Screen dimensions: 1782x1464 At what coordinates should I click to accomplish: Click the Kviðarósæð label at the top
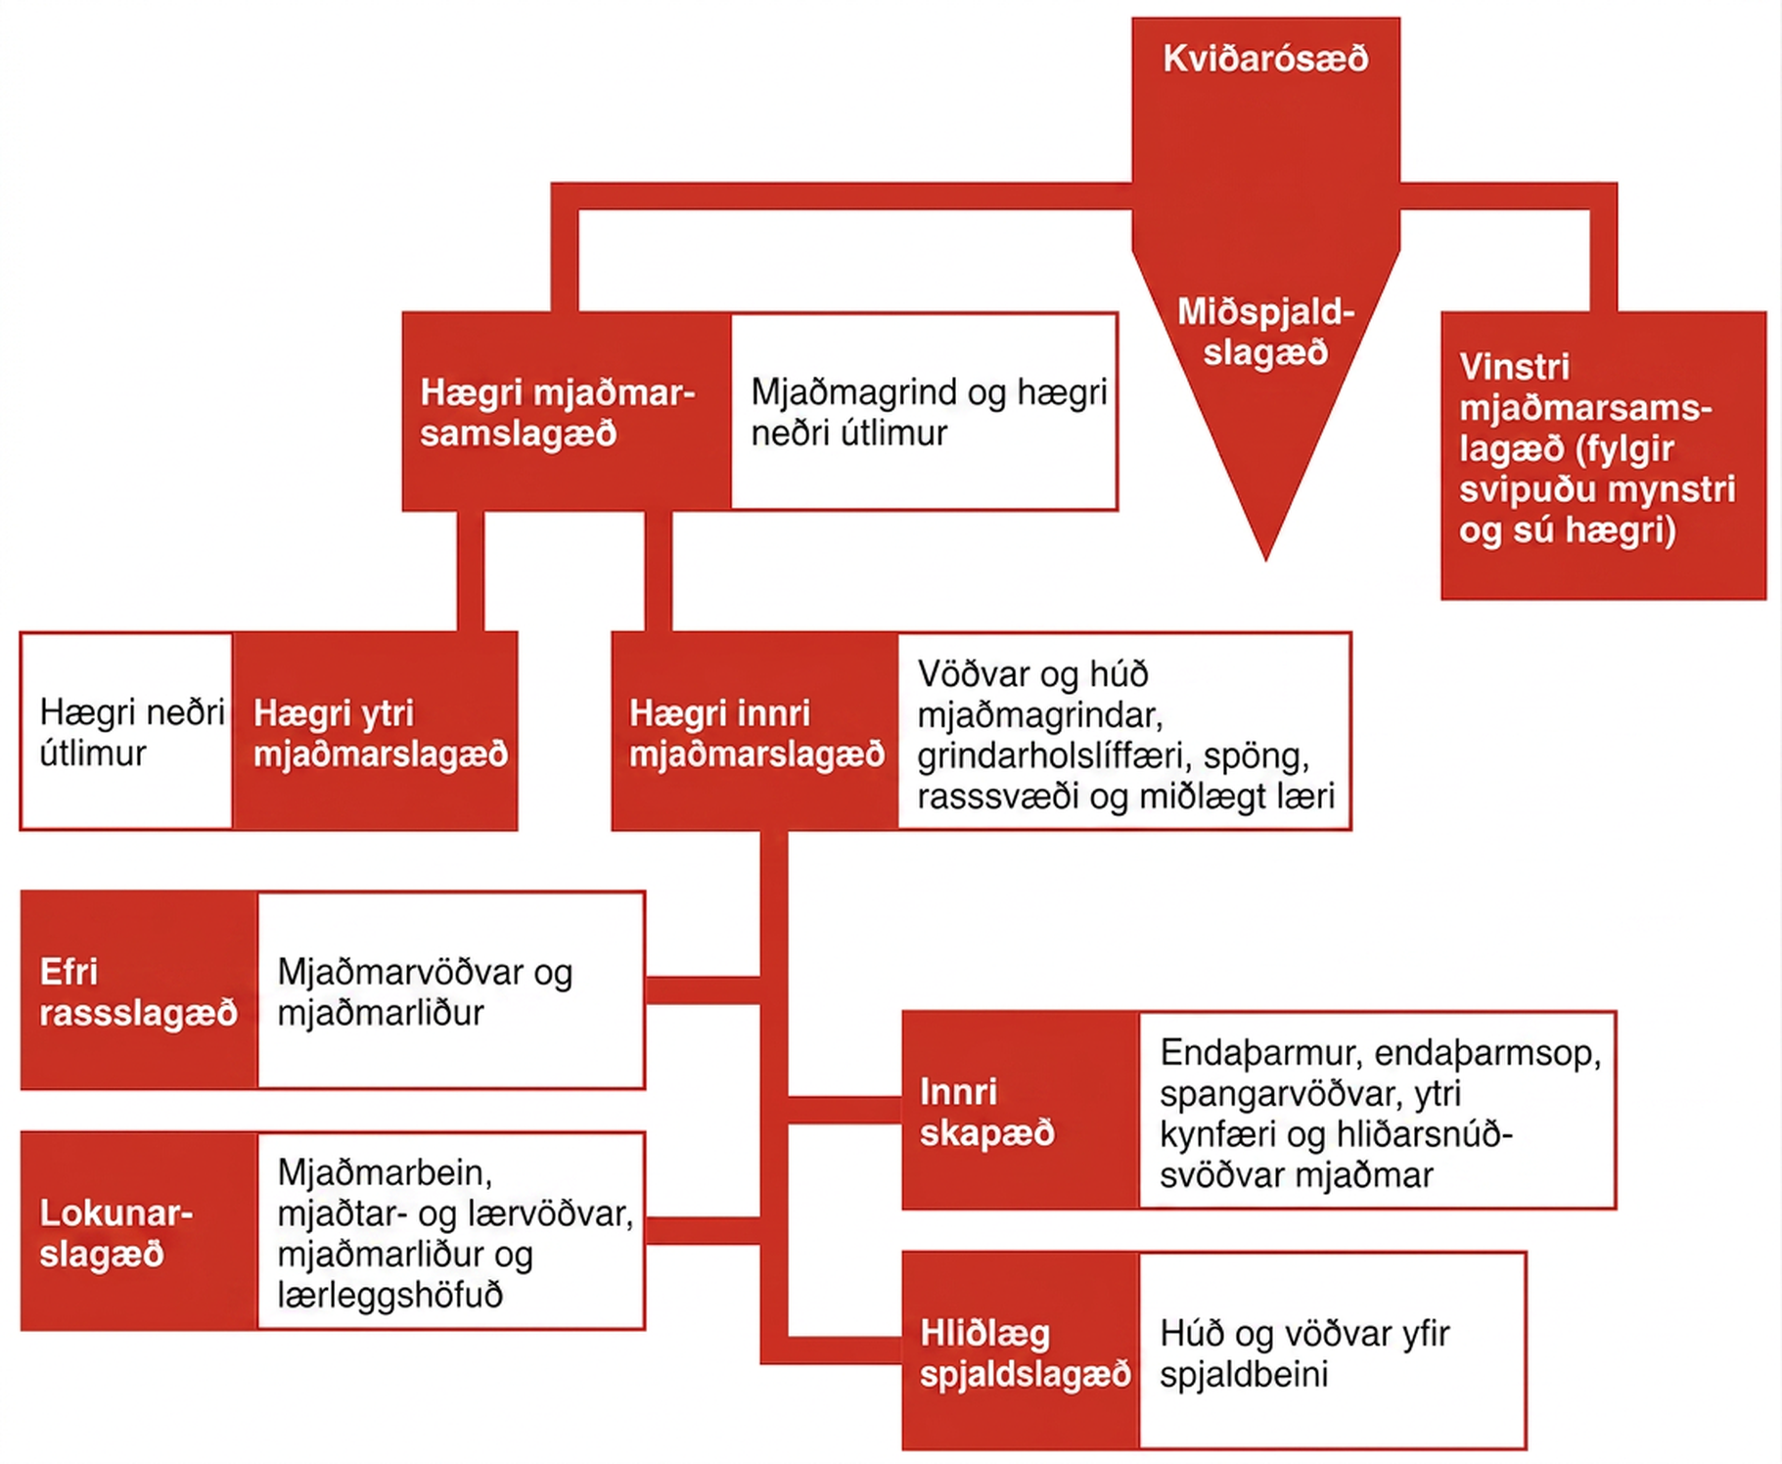(x=1265, y=59)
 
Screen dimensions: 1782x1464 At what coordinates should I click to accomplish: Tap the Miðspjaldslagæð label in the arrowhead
(x=1265, y=332)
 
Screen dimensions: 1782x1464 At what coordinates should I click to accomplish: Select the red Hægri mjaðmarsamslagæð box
(x=567, y=412)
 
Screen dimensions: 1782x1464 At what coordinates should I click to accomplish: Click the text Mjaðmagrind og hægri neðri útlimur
(x=929, y=412)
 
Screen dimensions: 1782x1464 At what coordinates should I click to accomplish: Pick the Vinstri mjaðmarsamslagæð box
(x=1603, y=455)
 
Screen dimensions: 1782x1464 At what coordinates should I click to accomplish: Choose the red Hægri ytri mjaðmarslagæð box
(x=375, y=732)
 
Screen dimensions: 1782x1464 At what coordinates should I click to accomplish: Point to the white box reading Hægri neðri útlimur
(x=127, y=732)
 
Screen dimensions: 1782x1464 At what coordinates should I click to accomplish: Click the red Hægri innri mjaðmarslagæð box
(x=755, y=732)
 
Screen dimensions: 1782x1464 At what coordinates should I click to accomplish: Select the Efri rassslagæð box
(x=139, y=990)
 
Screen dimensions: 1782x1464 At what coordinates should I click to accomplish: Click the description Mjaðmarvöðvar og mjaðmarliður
(x=425, y=991)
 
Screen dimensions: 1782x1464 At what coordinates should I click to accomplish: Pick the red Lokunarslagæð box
(x=139, y=1231)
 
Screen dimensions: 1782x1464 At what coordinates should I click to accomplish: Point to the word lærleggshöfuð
(x=389, y=1295)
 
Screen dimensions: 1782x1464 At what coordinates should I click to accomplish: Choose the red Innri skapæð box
(x=1021, y=1111)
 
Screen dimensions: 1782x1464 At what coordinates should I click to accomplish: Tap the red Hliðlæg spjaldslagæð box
(x=1021, y=1350)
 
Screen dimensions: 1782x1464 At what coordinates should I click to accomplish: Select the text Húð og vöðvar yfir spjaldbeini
(x=1304, y=1353)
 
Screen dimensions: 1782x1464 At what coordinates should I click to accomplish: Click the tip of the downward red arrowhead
(x=1266, y=561)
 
